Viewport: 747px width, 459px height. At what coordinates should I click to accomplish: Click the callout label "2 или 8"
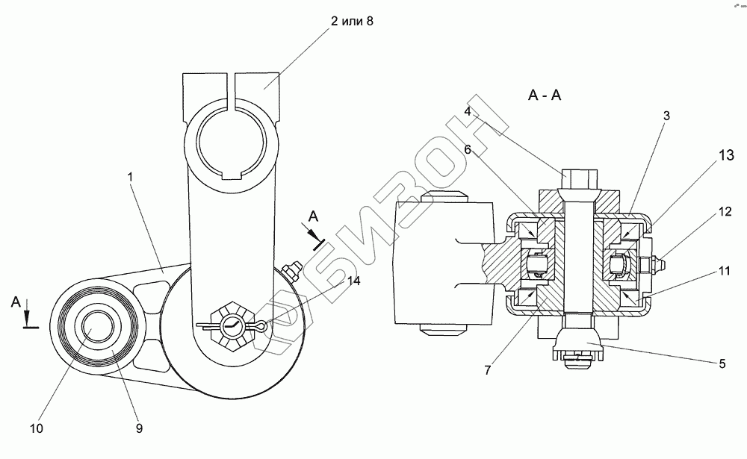[x=352, y=22]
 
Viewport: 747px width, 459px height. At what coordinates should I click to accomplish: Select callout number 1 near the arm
[x=130, y=177]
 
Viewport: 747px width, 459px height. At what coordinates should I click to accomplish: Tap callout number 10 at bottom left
[x=37, y=428]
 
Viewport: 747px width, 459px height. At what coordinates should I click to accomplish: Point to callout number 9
[x=139, y=428]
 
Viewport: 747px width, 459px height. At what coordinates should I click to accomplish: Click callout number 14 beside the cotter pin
[x=353, y=281]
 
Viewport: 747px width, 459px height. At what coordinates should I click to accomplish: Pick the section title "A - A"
[x=545, y=96]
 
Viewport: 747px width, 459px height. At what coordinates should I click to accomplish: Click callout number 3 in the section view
[x=666, y=116]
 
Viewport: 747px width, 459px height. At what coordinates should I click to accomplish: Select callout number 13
[x=727, y=155]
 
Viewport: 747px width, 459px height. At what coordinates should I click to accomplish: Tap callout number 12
[x=725, y=211]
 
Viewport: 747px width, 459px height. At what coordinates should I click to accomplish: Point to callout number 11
[x=724, y=272]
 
